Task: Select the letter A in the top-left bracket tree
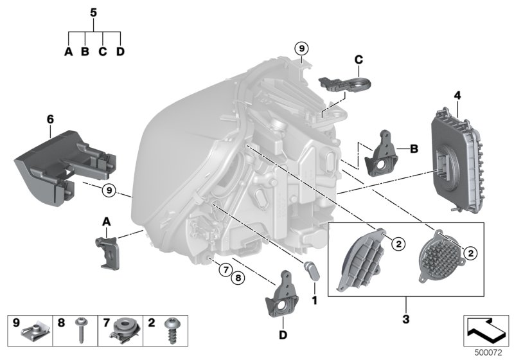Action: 69,52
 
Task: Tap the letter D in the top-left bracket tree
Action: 120,52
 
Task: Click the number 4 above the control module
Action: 457,96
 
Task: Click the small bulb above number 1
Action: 314,271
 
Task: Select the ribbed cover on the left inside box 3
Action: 364,262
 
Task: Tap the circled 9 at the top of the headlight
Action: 302,47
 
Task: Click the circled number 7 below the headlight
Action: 226,269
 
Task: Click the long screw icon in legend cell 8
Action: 82,331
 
